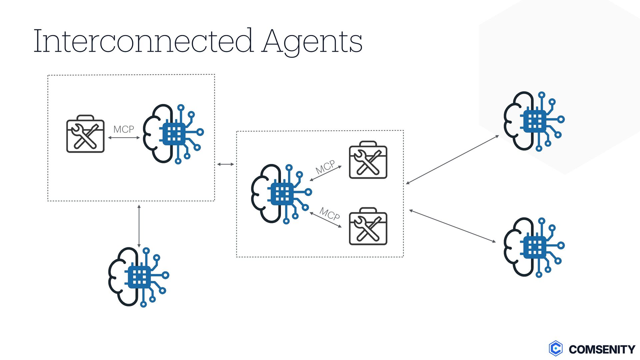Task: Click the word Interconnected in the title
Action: pos(143,41)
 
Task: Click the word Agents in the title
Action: pos(312,42)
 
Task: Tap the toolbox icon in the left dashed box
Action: pos(85,134)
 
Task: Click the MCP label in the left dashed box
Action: pos(124,129)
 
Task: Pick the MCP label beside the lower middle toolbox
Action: pos(330,214)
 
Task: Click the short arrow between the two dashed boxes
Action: pos(226,164)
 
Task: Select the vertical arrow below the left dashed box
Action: pos(139,226)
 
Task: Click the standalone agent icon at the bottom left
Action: pos(138,277)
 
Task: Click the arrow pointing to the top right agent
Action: pos(452,160)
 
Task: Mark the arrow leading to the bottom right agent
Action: pos(452,226)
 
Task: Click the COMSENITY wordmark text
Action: pos(602,349)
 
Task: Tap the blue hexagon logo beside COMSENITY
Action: pos(556,349)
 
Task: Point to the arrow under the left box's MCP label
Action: pos(124,137)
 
